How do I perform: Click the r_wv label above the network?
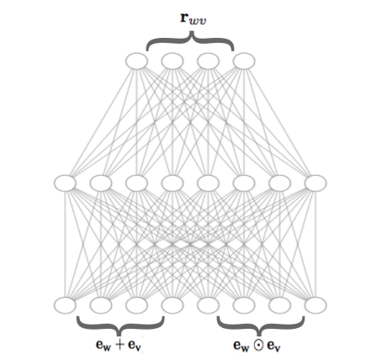pos(193,19)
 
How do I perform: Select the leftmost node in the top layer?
pos(136,61)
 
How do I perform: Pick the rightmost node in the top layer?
pos(244,61)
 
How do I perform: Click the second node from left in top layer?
pos(172,61)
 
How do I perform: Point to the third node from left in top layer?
pos(208,61)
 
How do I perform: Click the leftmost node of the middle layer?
pos(65,183)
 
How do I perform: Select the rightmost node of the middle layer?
pos(315,183)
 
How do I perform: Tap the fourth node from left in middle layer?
pos(172,183)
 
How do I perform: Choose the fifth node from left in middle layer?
pos(208,183)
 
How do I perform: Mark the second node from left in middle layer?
pos(101,183)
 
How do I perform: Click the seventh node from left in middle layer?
pos(280,183)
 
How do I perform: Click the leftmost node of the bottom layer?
pos(65,305)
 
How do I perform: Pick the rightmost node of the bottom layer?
pos(315,305)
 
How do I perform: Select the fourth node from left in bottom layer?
pos(172,305)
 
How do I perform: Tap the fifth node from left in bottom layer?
pos(208,305)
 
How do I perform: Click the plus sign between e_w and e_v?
pos(119,345)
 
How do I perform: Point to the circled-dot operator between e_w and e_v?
pos(258,345)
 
